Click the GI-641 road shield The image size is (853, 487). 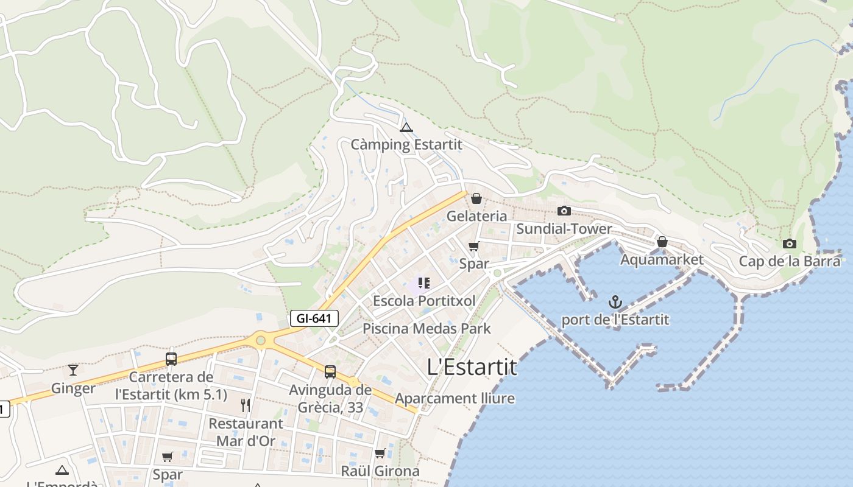coord(314,318)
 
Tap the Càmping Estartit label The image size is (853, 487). coord(406,145)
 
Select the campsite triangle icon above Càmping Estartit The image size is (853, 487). coord(406,127)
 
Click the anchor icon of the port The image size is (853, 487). coord(615,301)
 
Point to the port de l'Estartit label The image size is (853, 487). coord(615,320)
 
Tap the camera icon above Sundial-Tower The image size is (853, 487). coord(564,211)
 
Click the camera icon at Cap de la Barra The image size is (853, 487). coord(790,243)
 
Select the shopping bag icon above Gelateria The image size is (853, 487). coord(476,198)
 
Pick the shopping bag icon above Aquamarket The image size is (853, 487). coord(662,242)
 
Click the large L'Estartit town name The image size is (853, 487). coord(472,367)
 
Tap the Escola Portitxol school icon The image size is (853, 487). coord(424,283)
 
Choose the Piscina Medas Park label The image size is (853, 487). coord(426,329)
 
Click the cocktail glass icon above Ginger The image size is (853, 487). coord(73,370)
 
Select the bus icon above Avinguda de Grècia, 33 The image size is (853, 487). coord(330,371)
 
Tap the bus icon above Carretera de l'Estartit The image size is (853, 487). coord(171,359)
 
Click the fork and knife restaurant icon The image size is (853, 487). coord(246,405)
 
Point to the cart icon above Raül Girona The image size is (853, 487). coord(380,453)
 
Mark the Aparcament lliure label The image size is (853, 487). coord(455,399)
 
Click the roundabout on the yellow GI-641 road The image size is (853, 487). coord(261,340)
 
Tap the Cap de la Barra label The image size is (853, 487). coord(790,261)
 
